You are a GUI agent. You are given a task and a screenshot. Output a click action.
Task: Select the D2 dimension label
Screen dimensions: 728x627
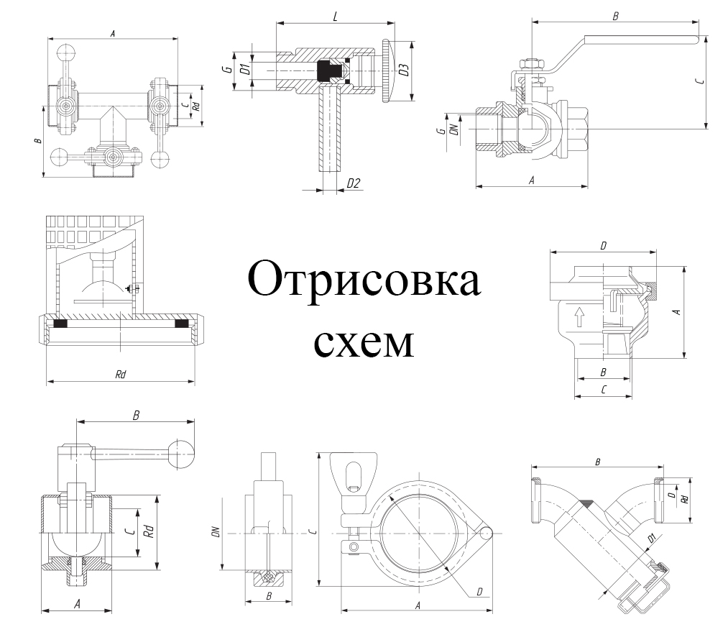[354, 183]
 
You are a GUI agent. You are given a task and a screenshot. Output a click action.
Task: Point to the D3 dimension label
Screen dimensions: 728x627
[405, 70]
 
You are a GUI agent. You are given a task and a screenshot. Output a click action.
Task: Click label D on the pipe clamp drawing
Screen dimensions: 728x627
[479, 591]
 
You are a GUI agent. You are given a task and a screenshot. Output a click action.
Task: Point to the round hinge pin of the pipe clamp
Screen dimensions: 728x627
[487, 533]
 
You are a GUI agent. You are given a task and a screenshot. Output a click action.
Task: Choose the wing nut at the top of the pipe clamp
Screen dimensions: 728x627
[354, 474]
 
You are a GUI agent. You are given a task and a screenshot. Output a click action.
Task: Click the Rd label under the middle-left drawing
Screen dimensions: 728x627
[121, 375]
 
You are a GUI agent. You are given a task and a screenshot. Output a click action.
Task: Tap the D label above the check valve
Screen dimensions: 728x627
[604, 246]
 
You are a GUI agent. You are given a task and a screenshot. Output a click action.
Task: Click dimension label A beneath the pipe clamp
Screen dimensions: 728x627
[418, 605]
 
